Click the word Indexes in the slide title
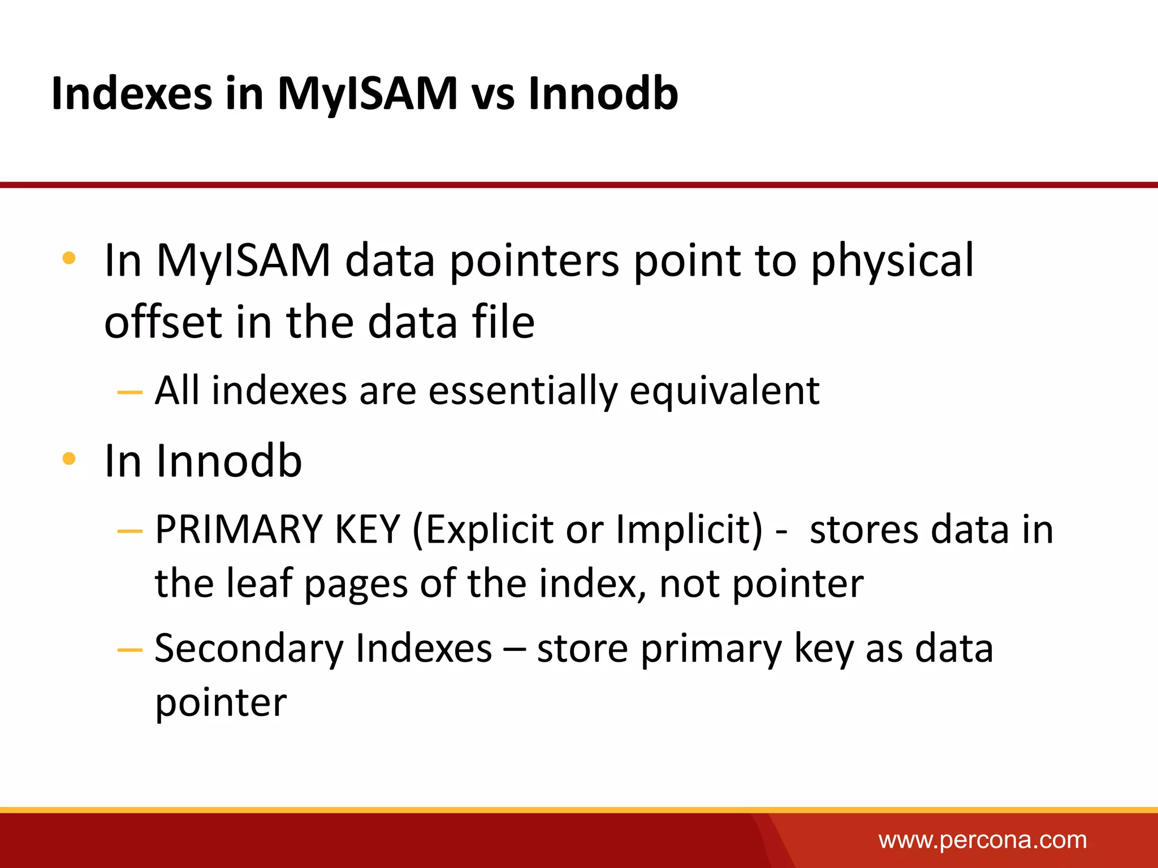tap(131, 93)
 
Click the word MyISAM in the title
tap(368, 93)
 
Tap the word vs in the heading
tap(493, 93)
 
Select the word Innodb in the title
tap(603, 93)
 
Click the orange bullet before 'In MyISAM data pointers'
tap(69, 259)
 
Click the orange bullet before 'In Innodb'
tap(69, 458)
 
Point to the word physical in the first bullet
tap(892, 261)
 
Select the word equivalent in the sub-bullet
tap(724, 391)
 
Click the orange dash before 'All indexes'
tap(129, 392)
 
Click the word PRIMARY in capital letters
tap(238, 530)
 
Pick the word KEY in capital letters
tap(368, 530)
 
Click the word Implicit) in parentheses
tap(689, 530)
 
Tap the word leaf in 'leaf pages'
tap(259, 583)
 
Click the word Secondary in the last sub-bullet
tap(248, 648)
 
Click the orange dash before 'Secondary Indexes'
tap(129, 650)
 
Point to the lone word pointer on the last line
tap(221, 704)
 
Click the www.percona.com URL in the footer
tap(982, 840)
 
